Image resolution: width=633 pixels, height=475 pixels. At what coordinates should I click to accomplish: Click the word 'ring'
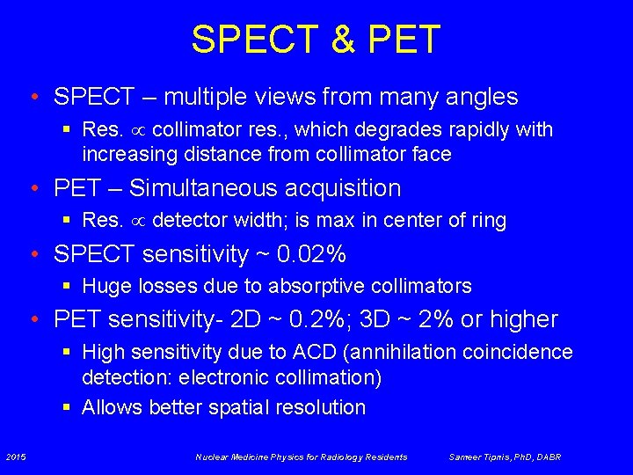490,220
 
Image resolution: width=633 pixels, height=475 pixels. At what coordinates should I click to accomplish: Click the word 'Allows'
113,407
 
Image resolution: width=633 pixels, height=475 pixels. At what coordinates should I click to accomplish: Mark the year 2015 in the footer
16,457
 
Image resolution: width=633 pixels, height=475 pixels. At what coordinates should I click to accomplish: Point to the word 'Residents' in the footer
383,457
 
